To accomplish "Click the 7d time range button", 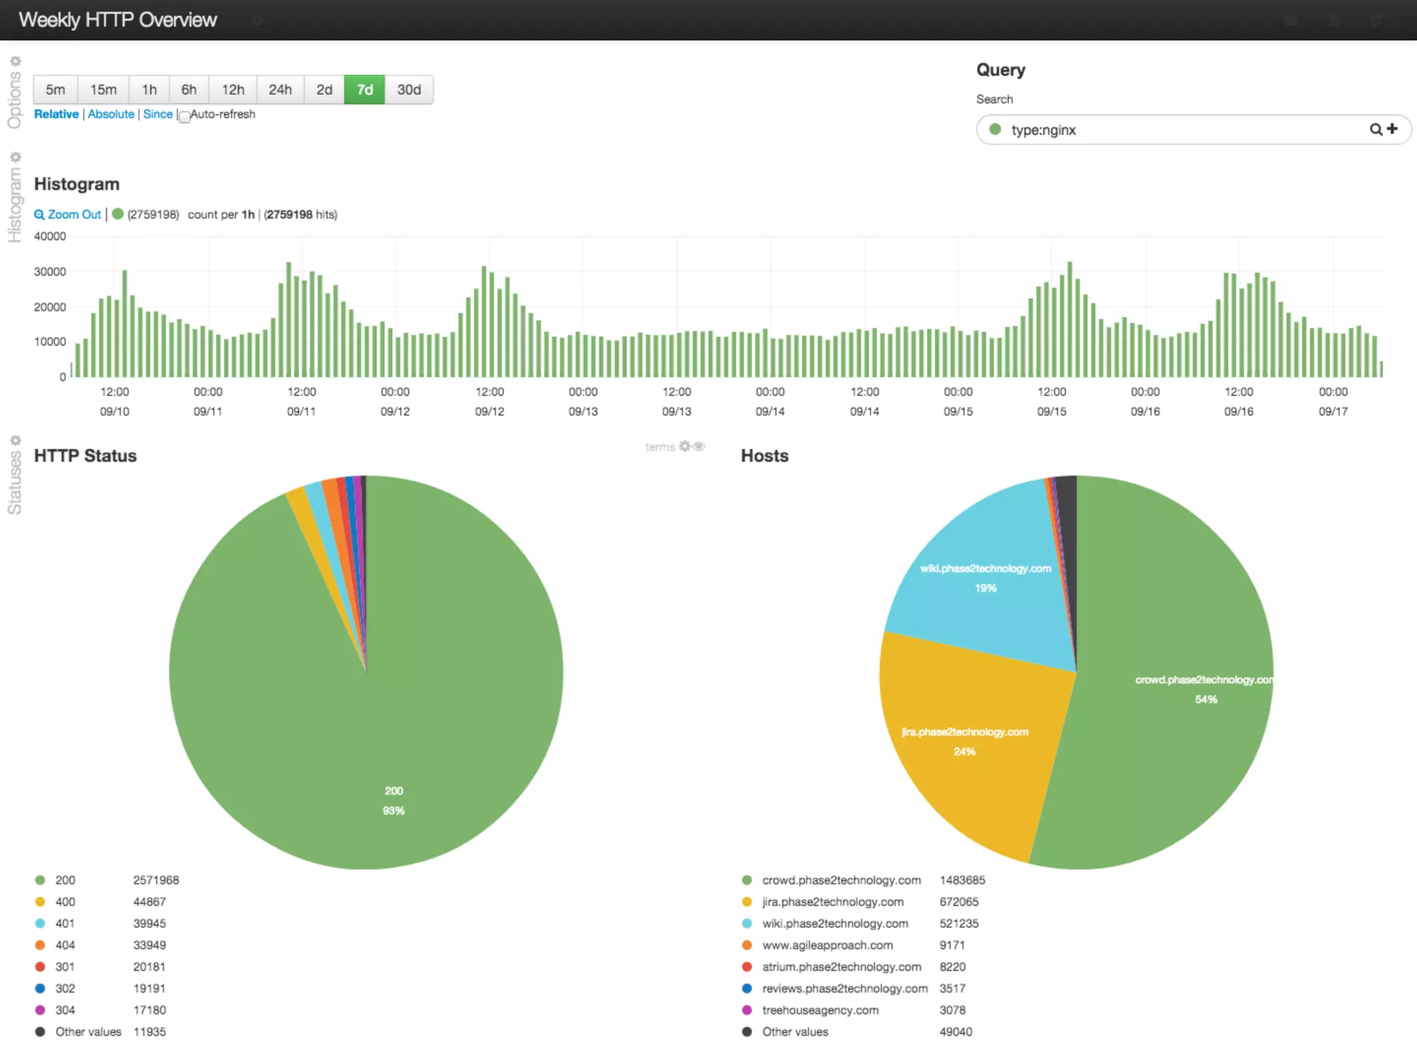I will coord(365,90).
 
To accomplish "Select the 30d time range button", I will coord(409,90).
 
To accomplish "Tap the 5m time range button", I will coord(55,90).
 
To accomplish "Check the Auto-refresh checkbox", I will coord(185,117).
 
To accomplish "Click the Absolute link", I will coord(111,114).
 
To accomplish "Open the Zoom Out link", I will coord(68,215).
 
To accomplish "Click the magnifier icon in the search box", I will coord(1375,129).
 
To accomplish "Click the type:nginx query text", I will coord(1043,130).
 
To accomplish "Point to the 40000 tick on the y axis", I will coord(50,237).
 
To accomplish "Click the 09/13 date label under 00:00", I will coord(583,412).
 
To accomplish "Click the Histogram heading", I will coord(77,184).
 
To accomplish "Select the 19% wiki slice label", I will coord(985,588).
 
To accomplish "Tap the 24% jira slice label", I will coord(964,752).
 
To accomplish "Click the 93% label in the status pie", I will coord(393,810).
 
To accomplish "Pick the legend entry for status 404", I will coord(65,945).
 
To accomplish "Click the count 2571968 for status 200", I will coord(156,880).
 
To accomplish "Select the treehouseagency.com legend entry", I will coord(820,1010).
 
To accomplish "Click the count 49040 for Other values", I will coord(956,1032).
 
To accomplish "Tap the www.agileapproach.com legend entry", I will coord(827,945).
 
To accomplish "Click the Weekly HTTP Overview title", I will coord(118,20).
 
